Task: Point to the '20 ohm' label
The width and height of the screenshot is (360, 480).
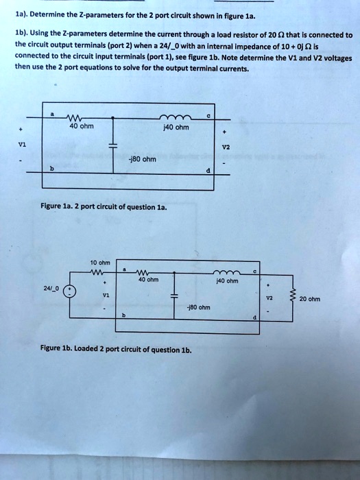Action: tap(309, 299)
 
